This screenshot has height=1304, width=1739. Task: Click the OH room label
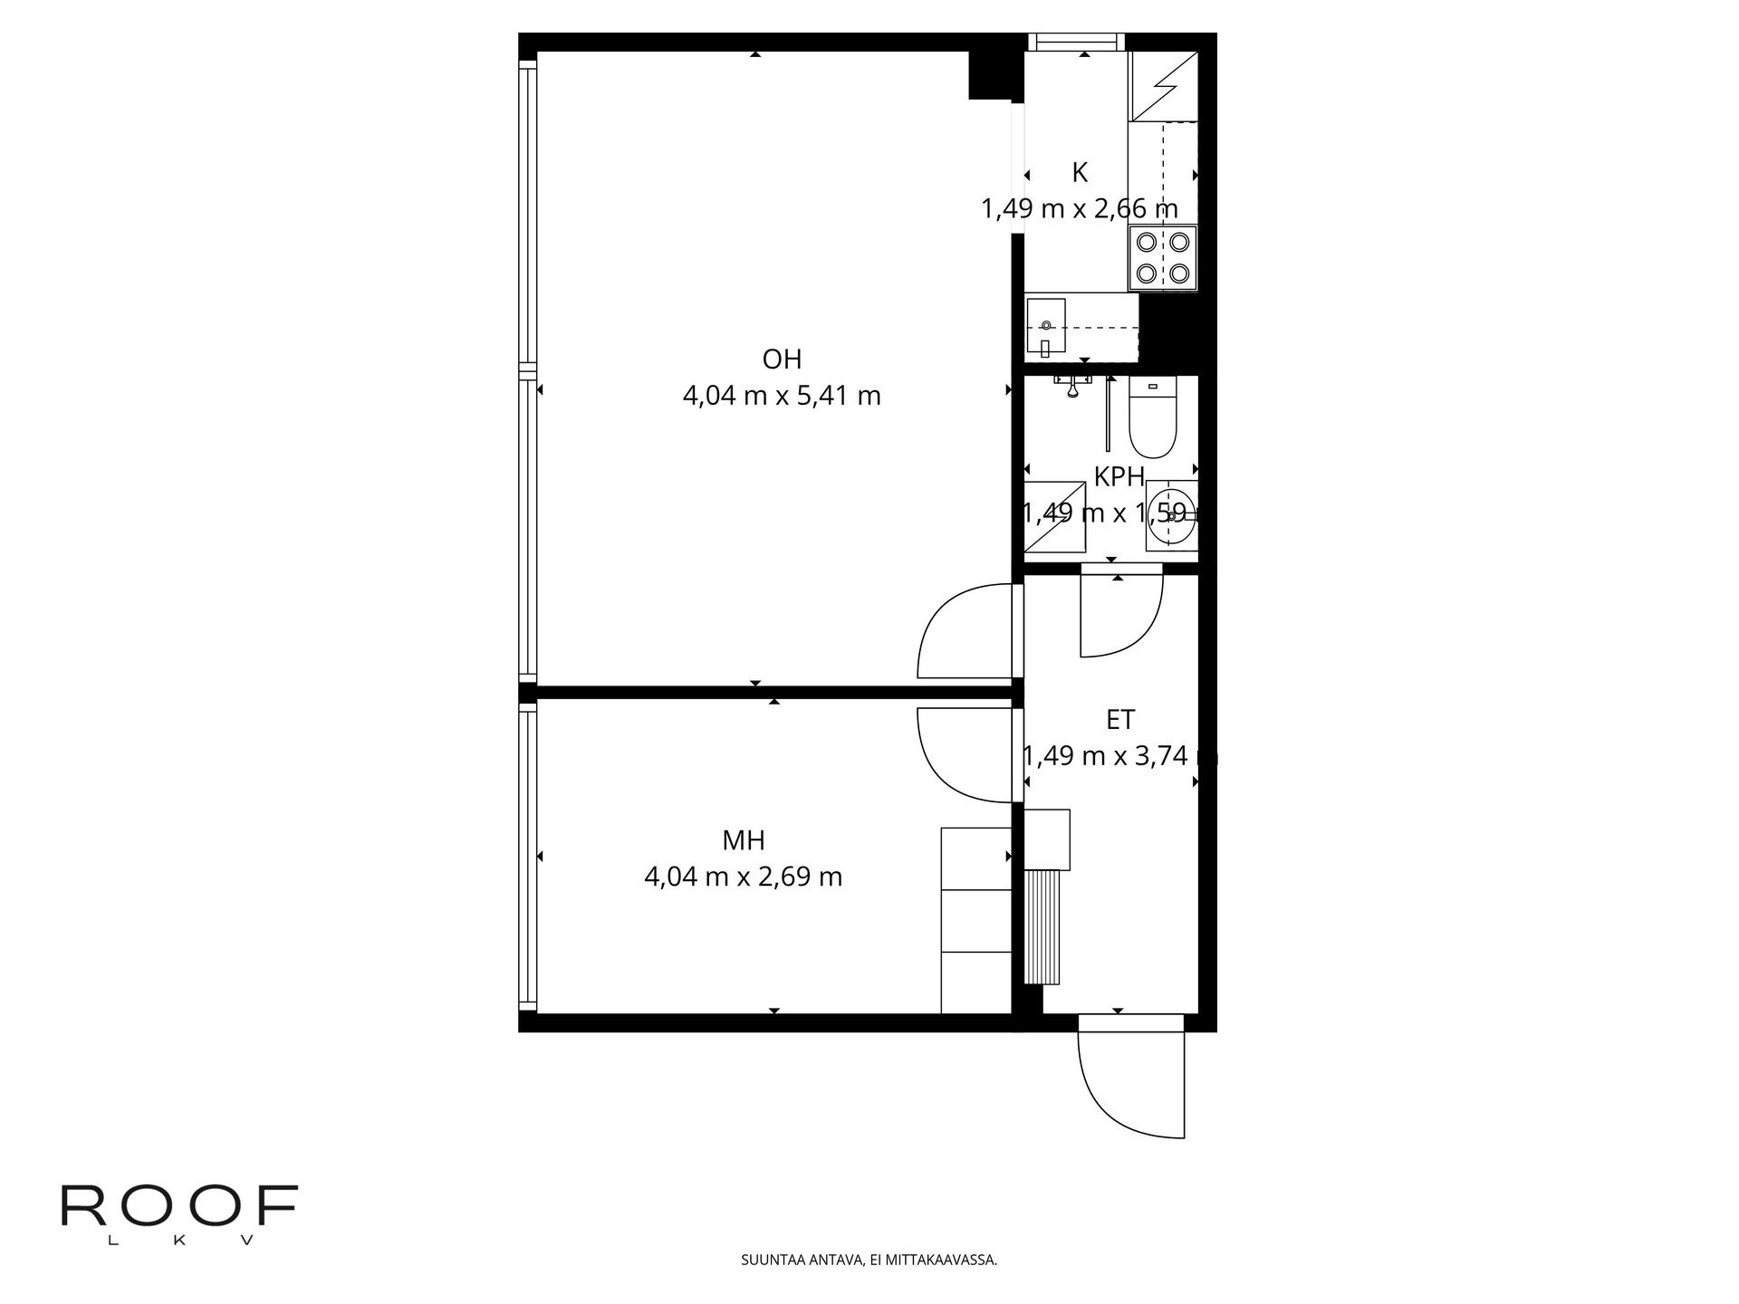pos(782,360)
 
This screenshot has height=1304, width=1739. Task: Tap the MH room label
pos(743,840)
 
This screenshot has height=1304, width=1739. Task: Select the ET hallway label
pos(1120,720)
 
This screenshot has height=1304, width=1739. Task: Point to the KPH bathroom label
pos(1119,477)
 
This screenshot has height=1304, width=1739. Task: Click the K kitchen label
pos(1080,172)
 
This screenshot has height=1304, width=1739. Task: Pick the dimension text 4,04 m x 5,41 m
pos(782,396)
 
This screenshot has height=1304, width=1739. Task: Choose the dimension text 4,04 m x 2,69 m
pos(743,877)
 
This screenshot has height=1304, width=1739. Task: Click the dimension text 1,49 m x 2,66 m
pos(1080,209)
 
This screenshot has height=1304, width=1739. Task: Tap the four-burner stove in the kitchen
pos(1163,257)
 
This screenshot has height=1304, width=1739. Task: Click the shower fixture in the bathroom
pos(1073,385)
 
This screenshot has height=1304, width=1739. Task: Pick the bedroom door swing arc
pos(966,754)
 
